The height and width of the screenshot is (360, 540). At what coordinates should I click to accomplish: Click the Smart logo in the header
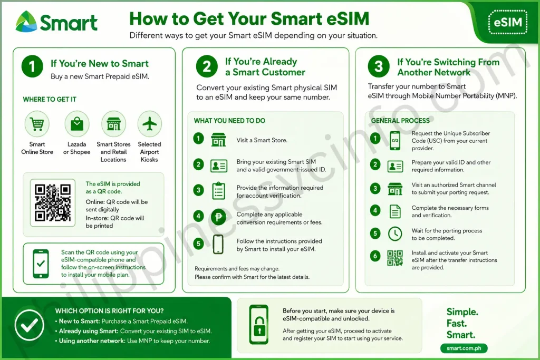(56, 22)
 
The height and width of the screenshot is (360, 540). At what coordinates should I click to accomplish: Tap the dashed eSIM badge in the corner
(508, 22)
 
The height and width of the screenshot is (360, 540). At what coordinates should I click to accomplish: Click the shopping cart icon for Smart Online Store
(37, 123)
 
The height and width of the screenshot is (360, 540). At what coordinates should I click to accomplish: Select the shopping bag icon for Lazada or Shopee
(77, 123)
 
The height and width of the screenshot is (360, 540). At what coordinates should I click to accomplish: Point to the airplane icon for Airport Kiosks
(149, 123)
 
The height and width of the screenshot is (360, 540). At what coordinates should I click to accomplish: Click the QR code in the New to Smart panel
(52, 202)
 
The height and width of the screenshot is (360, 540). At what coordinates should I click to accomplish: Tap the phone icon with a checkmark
(41, 264)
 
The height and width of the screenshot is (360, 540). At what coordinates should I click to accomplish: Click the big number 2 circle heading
(207, 66)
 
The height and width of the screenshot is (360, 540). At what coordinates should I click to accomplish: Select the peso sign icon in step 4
(218, 217)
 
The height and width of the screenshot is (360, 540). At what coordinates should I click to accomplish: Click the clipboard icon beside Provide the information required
(218, 191)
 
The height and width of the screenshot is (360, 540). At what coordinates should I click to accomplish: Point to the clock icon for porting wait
(395, 233)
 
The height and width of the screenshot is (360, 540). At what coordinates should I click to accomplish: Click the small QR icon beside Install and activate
(395, 258)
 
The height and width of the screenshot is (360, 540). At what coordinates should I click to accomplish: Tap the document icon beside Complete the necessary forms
(395, 211)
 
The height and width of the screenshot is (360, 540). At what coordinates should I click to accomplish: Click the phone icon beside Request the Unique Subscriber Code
(395, 140)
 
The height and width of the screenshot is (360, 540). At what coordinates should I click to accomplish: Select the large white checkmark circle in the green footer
(30, 325)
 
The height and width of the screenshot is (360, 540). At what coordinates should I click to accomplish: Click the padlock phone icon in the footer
(259, 324)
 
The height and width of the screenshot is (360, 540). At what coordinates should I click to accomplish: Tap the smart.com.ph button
(464, 348)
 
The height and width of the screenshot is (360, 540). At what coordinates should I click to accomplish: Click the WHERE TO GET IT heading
(50, 100)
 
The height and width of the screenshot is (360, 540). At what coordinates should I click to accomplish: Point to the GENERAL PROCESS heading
(400, 121)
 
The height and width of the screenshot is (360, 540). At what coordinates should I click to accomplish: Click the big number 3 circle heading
(379, 66)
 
